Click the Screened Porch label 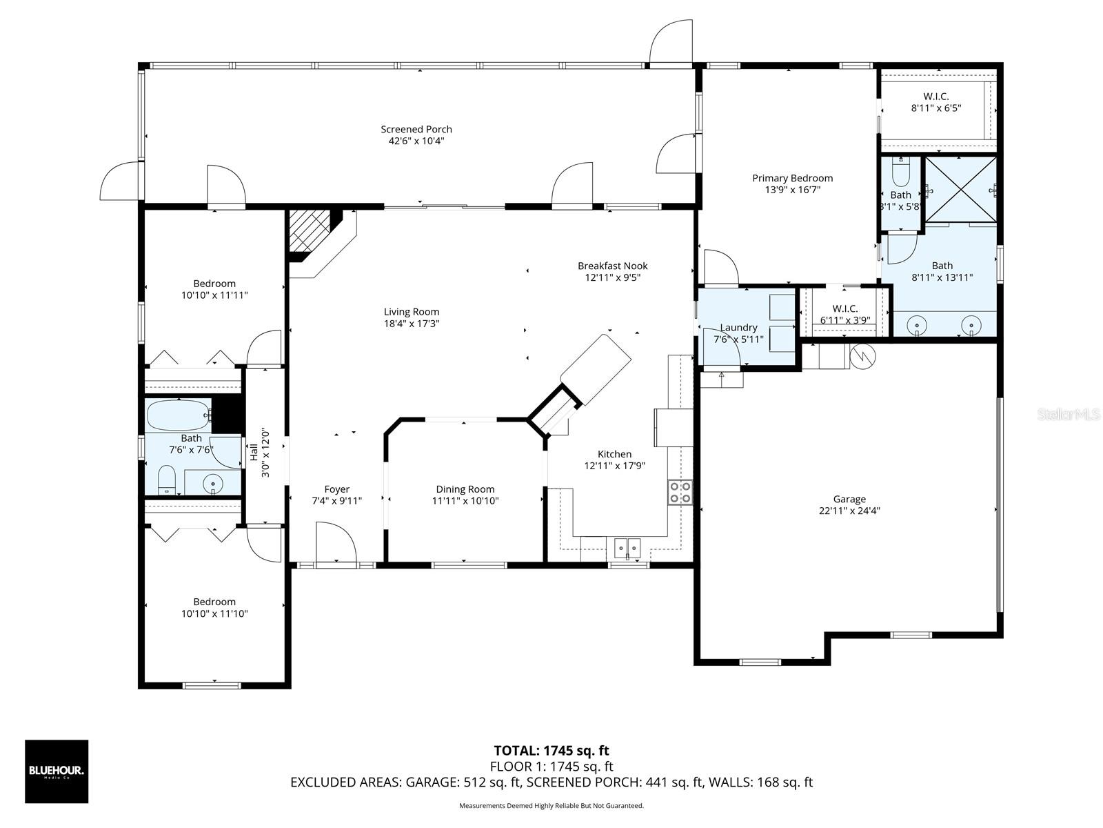pyautogui.click(x=416, y=129)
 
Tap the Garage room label pyautogui.click(x=849, y=499)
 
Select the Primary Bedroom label pyautogui.click(x=793, y=178)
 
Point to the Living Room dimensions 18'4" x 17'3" pyautogui.click(x=412, y=323)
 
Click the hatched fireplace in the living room pyautogui.click(x=309, y=230)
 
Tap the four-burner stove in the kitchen pyautogui.click(x=680, y=493)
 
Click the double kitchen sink pyautogui.click(x=627, y=547)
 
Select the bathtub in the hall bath pyautogui.click(x=179, y=415)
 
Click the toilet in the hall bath pyautogui.click(x=166, y=481)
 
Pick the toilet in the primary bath pyautogui.click(x=900, y=172)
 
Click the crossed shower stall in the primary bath pyautogui.click(x=960, y=190)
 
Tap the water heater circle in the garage pyautogui.click(x=863, y=356)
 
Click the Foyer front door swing pyautogui.click(x=336, y=542)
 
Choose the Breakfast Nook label pyautogui.click(x=613, y=266)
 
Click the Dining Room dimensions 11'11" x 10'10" pyautogui.click(x=465, y=501)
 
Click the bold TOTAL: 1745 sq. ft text pyautogui.click(x=551, y=751)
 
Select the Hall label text pyautogui.click(x=254, y=451)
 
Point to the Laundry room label pyautogui.click(x=738, y=328)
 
